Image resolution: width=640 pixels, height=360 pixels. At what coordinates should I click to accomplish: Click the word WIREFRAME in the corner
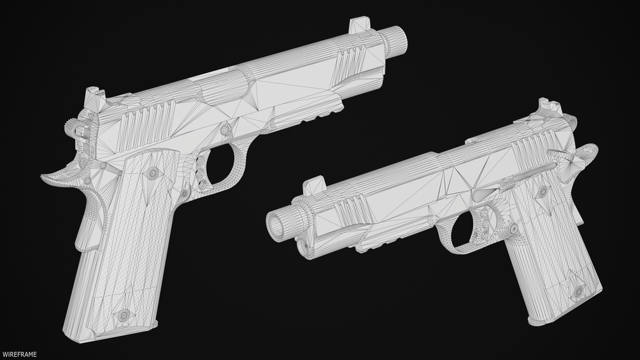click(x=19, y=355)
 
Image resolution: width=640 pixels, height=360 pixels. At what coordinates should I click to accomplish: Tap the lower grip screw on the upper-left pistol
click(x=122, y=314)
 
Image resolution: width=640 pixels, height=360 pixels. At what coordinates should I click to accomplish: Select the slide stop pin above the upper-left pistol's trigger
click(x=225, y=130)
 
